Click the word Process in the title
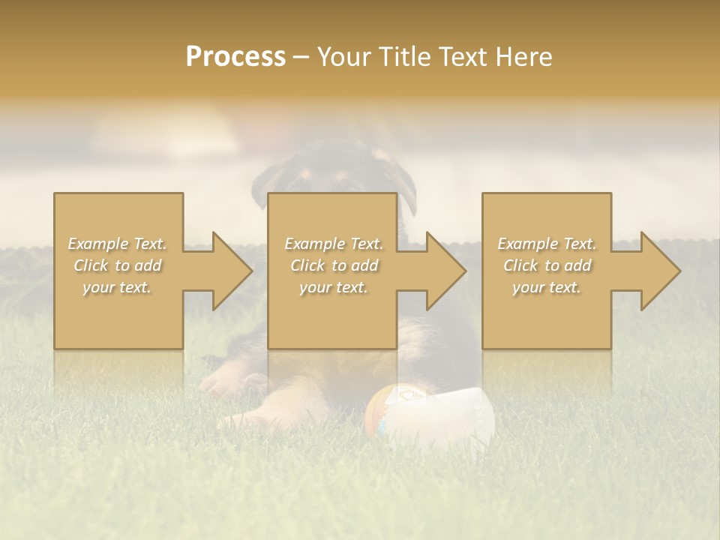[x=235, y=57]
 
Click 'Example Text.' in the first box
[x=118, y=244]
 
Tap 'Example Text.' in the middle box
[x=334, y=244]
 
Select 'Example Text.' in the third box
[x=547, y=244]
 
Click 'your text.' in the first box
[x=117, y=287]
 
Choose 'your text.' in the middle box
[x=333, y=287]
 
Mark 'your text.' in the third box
[x=547, y=287]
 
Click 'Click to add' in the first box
[x=118, y=265]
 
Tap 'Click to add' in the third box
[x=547, y=265]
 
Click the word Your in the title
[x=347, y=57]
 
